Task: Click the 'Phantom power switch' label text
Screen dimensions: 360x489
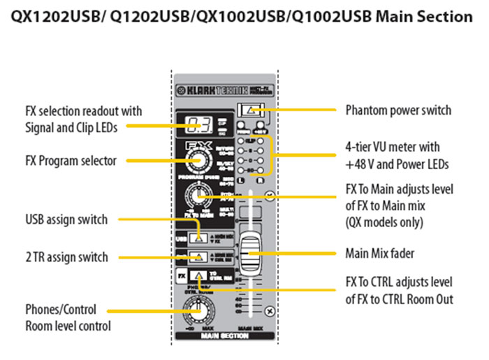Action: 398,110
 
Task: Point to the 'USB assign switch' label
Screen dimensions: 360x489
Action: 66,219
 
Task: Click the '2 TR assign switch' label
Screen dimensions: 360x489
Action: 66,257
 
